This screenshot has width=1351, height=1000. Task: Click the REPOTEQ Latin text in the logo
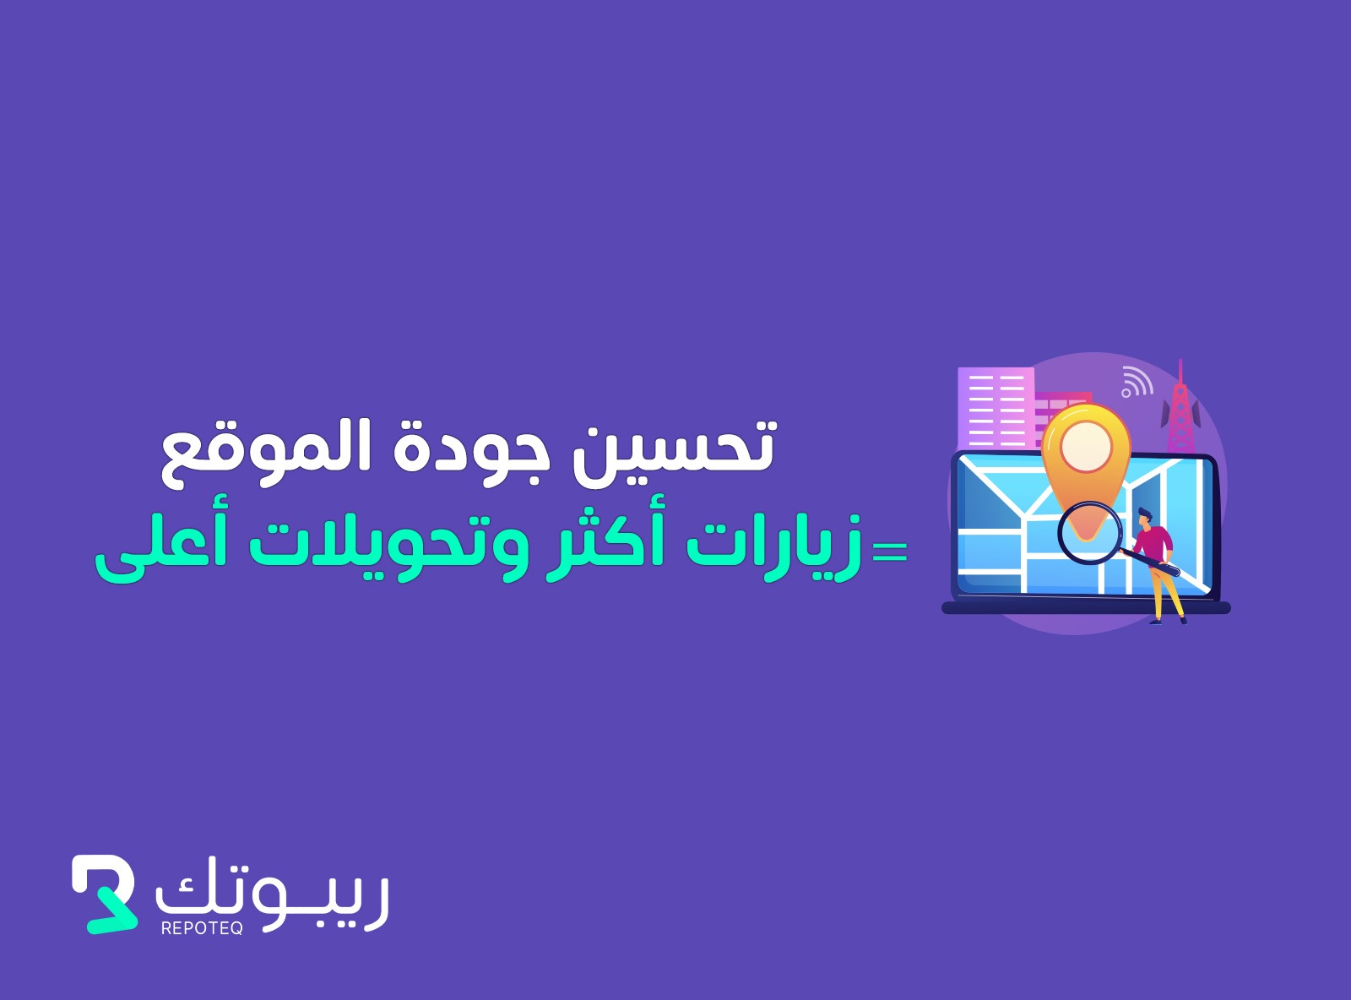202,928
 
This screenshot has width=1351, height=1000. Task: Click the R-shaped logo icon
104,894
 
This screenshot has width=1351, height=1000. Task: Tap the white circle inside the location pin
1087,447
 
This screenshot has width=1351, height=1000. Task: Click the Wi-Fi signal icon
1137,382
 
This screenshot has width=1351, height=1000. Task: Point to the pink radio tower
1180,407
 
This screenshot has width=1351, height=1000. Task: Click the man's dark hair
1145,514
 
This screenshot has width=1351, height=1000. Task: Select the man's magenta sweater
1153,543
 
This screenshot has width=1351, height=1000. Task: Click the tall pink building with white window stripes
996,408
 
